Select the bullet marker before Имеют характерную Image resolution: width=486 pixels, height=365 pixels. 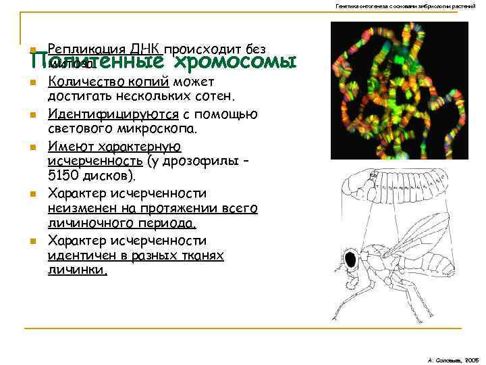pos(32,147)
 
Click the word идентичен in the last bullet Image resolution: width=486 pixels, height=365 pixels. pos(81,256)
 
